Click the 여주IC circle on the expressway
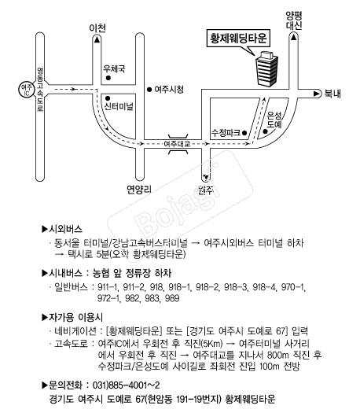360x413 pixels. [x=27, y=90]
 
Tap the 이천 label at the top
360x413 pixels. [x=97, y=28]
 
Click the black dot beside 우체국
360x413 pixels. [x=108, y=78]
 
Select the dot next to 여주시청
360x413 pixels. [x=149, y=90]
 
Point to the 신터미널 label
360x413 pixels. [x=119, y=106]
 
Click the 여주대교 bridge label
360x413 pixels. [x=177, y=144]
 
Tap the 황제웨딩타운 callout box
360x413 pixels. [x=238, y=39]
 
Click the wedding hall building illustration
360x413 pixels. [x=266, y=68]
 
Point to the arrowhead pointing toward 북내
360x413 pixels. [x=316, y=94]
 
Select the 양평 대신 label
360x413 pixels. [x=294, y=20]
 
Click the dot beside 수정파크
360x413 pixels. [x=244, y=133]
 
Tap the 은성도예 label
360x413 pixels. [x=274, y=120]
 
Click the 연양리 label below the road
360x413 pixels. [x=139, y=190]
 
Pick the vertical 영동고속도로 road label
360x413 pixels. [x=40, y=90]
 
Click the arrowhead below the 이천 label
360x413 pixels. [x=97, y=40]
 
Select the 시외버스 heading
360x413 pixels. [x=62, y=229]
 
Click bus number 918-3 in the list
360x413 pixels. [x=236, y=287]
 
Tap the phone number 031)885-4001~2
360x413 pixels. [x=126, y=385]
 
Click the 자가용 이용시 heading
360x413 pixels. [x=72, y=317]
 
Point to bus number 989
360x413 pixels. [x=172, y=298]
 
